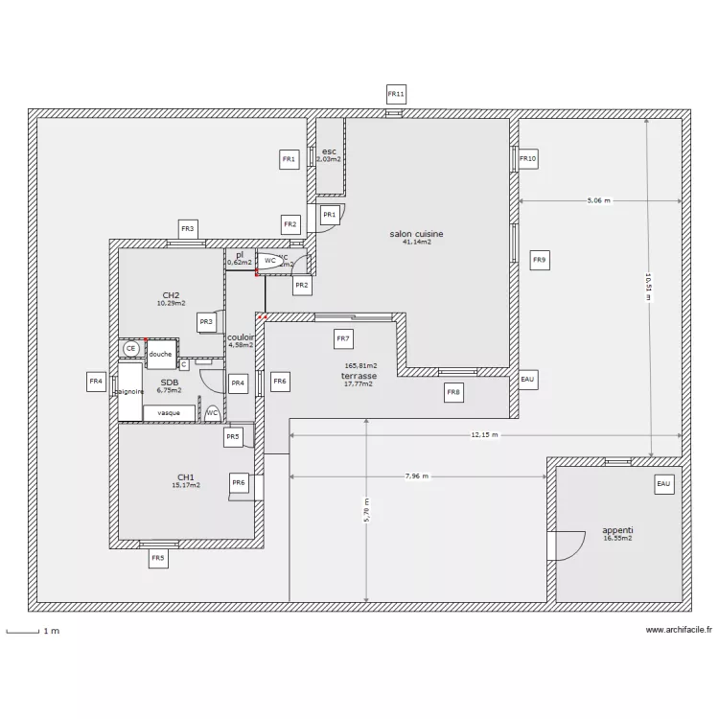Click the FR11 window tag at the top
[396, 94]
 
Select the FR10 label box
[528, 158]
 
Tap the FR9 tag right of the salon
[540, 259]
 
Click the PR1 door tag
[329, 215]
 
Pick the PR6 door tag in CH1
[240, 482]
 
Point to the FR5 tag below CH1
[158, 557]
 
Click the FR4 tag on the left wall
[96, 382]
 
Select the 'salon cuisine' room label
[416, 234]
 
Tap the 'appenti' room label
[617, 530]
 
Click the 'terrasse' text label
[359, 377]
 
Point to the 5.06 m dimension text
[598, 201]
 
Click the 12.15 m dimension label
[485, 435]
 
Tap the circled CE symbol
[130, 350]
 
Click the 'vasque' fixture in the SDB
[169, 412]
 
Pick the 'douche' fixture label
[160, 353]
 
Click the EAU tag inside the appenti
[664, 485]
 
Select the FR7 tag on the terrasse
[343, 337]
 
